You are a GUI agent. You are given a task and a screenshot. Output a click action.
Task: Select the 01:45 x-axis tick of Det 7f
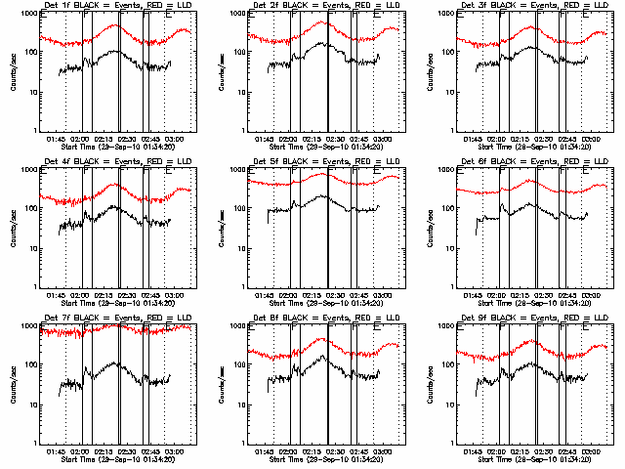59,452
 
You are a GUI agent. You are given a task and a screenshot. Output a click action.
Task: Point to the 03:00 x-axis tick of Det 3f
591,140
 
